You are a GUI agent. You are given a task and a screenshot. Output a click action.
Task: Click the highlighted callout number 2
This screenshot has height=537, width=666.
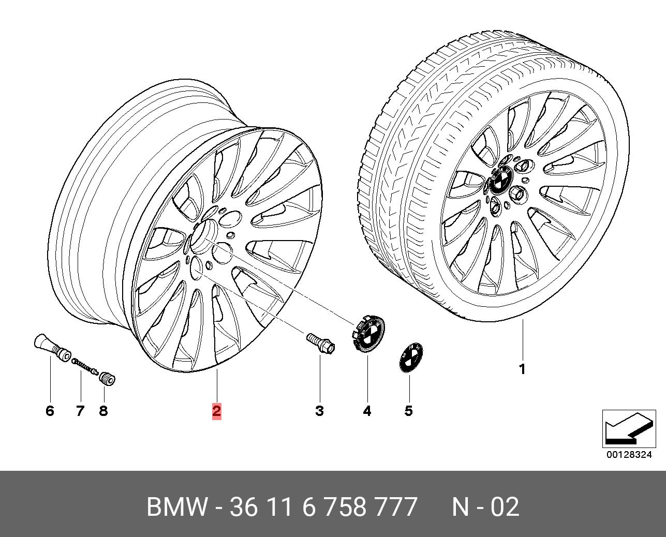pyautogui.click(x=216, y=411)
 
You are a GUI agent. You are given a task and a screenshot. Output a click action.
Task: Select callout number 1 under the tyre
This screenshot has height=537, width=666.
pyautogui.click(x=522, y=369)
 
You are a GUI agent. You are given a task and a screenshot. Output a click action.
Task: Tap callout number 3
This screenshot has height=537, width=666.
pyautogui.click(x=319, y=411)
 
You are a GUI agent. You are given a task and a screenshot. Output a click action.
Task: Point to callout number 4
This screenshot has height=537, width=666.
pyautogui.click(x=367, y=411)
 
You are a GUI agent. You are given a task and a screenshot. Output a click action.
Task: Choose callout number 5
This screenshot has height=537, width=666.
pyautogui.click(x=408, y=411)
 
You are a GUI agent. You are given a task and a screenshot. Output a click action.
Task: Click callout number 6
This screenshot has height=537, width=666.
pyautogui.click(x=50, y=411)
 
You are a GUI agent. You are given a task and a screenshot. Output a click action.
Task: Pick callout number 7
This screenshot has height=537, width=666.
pyautogui.click(x=80, y=411)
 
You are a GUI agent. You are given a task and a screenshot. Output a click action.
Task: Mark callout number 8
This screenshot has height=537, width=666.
pyautogui.click(x=103, y=411)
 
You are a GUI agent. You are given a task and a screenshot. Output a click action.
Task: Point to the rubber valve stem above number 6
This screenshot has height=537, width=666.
pyautogui.click(x=52, y=347)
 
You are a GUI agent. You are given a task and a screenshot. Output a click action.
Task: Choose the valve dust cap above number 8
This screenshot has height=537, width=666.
pyautogui.click(x=107, y=379)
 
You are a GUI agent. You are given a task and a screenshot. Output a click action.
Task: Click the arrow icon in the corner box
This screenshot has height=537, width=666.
pyautogui.click(x=628, y=427)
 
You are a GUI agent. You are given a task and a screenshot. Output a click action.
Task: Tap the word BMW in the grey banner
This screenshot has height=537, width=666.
pyautogui.click(x=176, y=507)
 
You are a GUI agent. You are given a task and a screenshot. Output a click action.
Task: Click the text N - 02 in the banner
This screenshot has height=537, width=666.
pyautogui.click(x=485, y=507)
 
